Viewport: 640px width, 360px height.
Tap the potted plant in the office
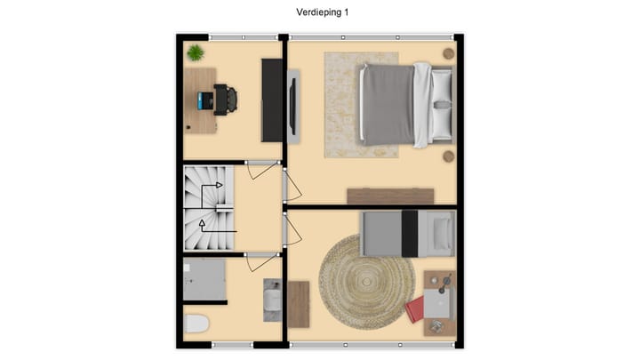click(x=195, y=52)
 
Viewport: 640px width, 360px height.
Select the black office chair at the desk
click(x=226, y=100)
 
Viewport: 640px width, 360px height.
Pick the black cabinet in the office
click(x=271, y=100)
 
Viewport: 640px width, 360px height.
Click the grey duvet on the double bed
click(x=386, y=104)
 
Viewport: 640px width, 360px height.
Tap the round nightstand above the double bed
click(x=449, y=53)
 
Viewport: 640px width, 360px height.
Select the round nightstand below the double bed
click(x=449, y=156)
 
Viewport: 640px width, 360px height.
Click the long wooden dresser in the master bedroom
click(x=390, y=196)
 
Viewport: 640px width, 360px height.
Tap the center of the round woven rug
click(x=367, y=284)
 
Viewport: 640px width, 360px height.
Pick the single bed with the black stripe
click(x=407, y=233)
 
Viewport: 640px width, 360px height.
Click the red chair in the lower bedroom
click(x=415, y=310)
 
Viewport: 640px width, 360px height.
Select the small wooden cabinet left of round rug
click(x=299, y=304)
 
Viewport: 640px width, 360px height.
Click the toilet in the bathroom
click(x=196, y=324)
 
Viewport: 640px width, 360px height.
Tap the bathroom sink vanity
click(x=272, y=300)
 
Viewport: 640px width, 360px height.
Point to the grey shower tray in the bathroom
click(x=205, y=280)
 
